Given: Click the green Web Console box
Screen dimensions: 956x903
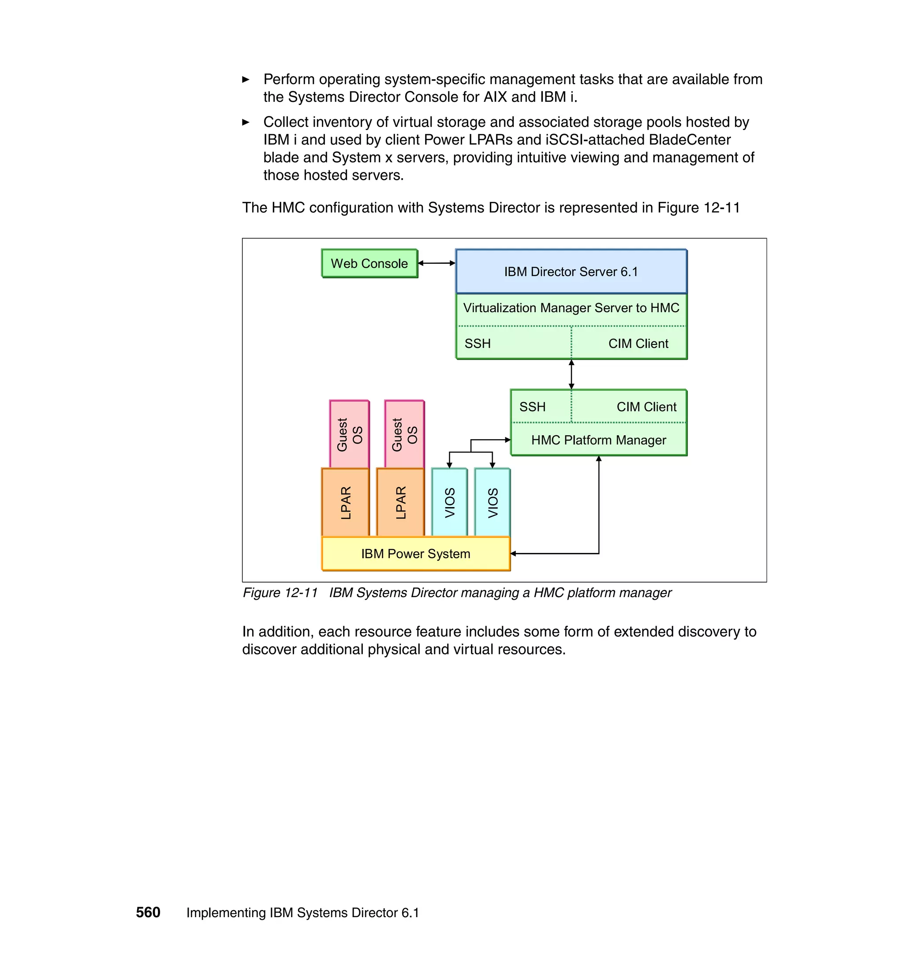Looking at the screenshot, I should tap(369, 263).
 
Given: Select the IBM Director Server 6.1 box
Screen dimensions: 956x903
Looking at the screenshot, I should tap(571, 272).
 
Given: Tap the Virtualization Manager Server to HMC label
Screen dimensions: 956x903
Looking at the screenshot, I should tap(571, 308).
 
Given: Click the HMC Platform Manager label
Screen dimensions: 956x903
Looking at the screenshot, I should tap(598, 440).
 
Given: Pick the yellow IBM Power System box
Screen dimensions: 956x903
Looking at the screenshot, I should tap(415, 553).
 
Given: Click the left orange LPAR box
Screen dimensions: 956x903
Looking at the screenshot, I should tap(346, 503).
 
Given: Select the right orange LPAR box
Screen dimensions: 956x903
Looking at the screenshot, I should tap(400, 503).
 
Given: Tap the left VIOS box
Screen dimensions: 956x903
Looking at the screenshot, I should tap(450, 503).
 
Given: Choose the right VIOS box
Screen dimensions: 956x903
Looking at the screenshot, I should tap(493, 503).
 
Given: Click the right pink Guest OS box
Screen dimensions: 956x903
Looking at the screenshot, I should tap(404, 434).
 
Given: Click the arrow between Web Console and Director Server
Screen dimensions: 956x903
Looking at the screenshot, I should tap(437, 263).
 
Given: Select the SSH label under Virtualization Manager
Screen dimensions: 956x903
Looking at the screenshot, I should tap(478, 344).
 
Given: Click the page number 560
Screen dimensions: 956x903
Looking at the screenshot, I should tap(148, 913).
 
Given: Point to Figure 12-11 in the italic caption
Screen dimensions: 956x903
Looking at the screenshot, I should tap(280, 593).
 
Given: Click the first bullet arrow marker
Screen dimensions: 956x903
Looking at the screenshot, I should tap(246, 80).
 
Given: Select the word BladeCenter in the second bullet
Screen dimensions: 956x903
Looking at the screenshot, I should tap(689, 140).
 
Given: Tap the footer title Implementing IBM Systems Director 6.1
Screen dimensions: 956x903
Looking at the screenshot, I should tap(302, 913).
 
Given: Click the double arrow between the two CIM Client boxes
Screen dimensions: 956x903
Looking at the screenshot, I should tap(571, 374).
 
